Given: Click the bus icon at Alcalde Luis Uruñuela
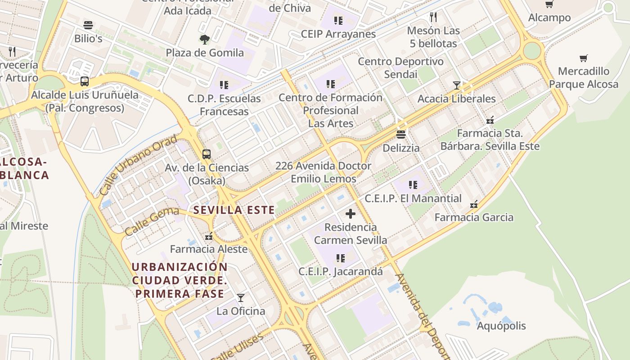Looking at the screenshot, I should click(x=85, y=81).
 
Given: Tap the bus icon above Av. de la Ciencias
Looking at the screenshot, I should click(x=207, y=154).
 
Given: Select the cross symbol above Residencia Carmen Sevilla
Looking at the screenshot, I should click(x=351, y=214).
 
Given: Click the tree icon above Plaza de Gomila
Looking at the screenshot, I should click(x=205, y=40).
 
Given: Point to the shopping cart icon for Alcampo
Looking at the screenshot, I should click(x=549, y=4).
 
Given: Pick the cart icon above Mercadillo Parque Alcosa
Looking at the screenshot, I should click(x=584, y=58).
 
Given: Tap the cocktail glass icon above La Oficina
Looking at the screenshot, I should click(x=241, y=298).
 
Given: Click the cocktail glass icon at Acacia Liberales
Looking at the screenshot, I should click(x=457, y=85).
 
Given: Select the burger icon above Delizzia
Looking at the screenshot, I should click(x=401, y=135).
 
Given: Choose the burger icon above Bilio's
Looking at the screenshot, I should click(x=88, y=25).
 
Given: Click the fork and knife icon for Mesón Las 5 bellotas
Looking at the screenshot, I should click(x=433, y=17).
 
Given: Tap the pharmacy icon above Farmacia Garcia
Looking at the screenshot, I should click(x=474, y=204).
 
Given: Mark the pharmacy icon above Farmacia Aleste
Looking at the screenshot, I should click(x=209, y=236).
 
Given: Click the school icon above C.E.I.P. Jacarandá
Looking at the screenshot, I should click(x=341, y=258).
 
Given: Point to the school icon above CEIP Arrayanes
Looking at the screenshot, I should click(x=338, y=21).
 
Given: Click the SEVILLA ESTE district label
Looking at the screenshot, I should click(x=234, y=210).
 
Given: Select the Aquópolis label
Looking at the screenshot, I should click(x=501, y=326).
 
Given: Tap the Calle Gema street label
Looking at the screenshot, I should click(x=152, y=221).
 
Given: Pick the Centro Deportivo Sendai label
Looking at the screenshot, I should click(x=400, y=67).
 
